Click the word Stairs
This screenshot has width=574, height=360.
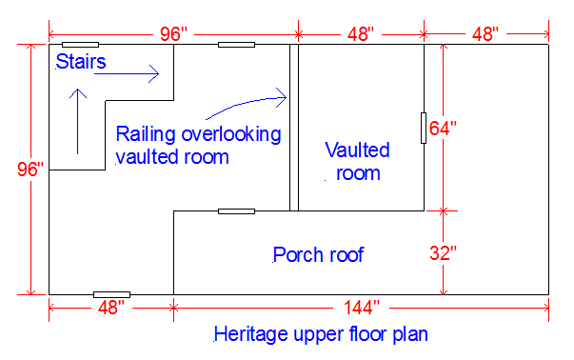[x=81, y=63]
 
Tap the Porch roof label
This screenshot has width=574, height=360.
[x=318, y=255]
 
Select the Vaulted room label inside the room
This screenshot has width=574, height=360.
[x=357, y=161]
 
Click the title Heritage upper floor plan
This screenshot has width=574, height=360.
[x=321, y=334]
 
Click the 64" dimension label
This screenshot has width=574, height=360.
[x=444, y=128]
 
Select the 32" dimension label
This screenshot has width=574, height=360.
[x=444, y=253]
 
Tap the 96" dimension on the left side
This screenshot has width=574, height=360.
[x=30, y=170]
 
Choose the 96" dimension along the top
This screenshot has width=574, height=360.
[x=174, y=34]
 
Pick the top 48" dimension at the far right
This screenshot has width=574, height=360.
[x=485, y=34]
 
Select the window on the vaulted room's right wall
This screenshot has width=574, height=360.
[x=424, y=127]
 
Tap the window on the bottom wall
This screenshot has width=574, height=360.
[x=111, y=294]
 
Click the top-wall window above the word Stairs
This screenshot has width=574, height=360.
[x=80, y=44]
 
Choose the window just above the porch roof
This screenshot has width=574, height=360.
[x=236, y=210]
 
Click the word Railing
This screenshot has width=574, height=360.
[x=148, y=132]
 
